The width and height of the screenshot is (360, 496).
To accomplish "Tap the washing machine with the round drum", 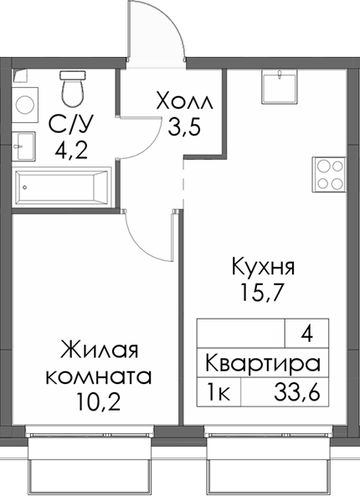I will click(x=24, y=105).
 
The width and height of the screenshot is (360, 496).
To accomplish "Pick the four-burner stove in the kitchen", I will click(x=329, y=174).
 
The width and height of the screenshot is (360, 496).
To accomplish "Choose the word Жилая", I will click(x=98, y=349).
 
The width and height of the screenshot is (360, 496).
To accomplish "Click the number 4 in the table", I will click(x=306, y=335).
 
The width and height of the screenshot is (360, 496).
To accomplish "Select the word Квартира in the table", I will click(x=263, y=365).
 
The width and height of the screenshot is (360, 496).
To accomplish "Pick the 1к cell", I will click(x=218, y=390).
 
